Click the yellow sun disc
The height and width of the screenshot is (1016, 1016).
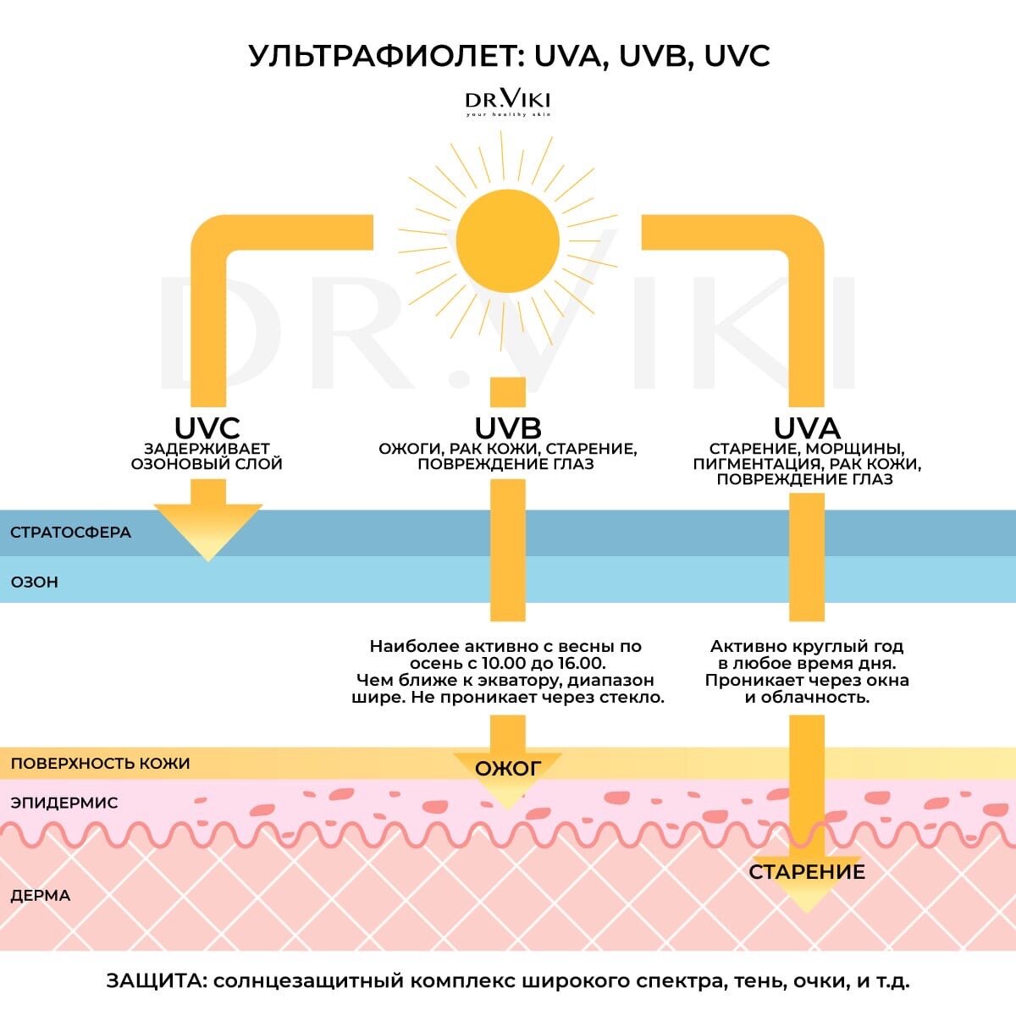point(507,240)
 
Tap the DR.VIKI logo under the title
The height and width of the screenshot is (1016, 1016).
point(507,102)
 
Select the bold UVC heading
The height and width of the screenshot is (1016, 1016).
point(207,428)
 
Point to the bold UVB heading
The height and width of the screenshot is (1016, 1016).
point(507,428)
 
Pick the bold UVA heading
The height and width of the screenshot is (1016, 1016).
point(806,428)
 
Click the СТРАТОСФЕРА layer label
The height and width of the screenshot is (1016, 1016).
point(71,533)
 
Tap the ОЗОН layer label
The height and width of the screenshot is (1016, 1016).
point(35,583)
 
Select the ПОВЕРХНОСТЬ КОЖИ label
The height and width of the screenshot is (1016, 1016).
point(100,763)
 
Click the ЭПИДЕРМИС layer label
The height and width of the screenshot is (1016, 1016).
point(64,803)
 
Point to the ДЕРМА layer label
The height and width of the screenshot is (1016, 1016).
point(41,896)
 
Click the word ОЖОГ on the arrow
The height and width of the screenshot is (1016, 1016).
point(507,769)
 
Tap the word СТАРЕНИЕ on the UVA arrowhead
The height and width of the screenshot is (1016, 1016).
point(807,872)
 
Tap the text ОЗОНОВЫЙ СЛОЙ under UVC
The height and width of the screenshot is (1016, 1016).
point(207,464)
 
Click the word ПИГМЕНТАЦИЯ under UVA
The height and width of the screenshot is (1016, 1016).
point(757,464)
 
